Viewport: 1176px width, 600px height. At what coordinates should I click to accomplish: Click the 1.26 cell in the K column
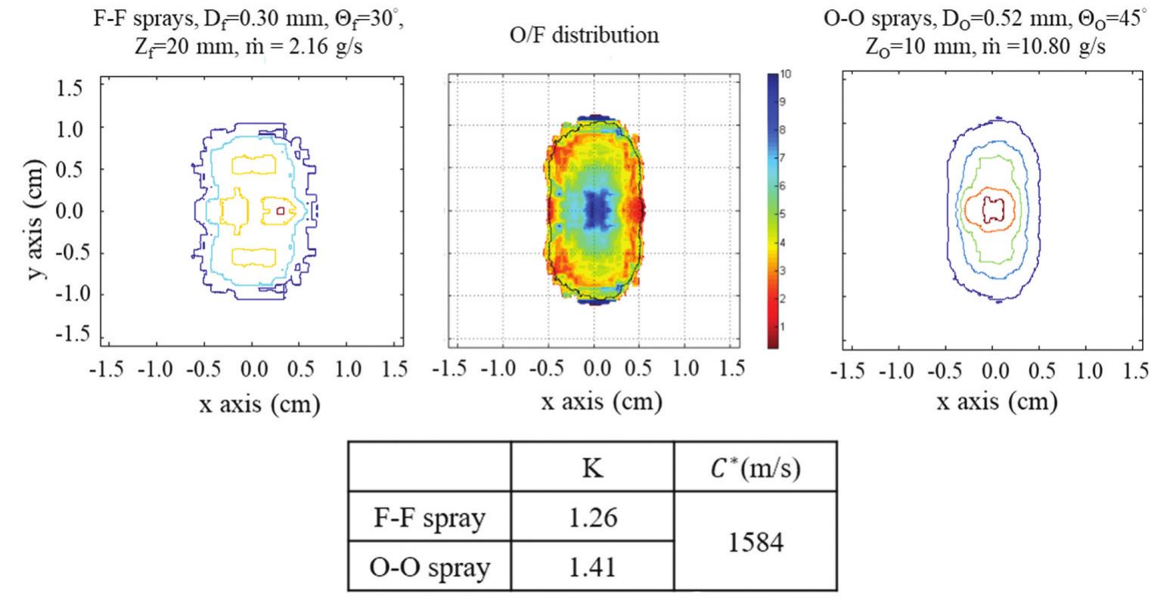[x=591, y=519]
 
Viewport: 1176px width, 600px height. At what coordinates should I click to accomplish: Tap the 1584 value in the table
[x=755, y=541]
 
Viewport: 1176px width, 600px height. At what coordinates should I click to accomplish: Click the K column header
[x=591, y=469]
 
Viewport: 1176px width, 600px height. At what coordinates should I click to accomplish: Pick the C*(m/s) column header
[x=755, y=469]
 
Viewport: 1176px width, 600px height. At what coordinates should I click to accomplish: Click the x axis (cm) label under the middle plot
[x=601, y=401]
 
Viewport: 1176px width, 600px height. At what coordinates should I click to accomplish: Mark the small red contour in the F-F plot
[x=281, y=212]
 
